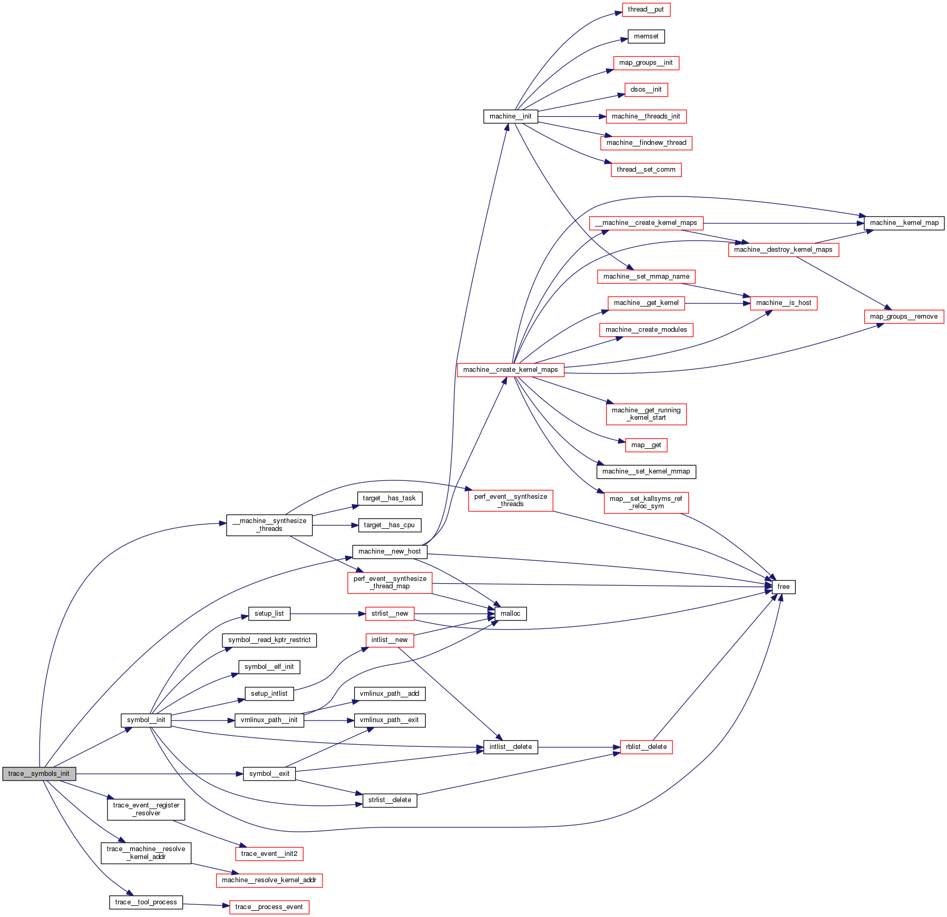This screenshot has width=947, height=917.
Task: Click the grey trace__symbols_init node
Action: point(39,774)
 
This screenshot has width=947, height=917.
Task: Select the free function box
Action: point(783,587)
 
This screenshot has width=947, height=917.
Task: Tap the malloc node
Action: point(510,614)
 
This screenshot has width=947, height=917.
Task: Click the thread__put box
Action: point(646,9)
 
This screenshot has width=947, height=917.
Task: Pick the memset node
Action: point(646,36)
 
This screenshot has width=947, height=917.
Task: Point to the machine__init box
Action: point(510,116)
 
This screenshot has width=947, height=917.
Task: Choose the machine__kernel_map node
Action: point(904,223)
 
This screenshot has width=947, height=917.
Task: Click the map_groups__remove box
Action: point(903,317)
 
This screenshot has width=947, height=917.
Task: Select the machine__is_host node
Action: point(783,303)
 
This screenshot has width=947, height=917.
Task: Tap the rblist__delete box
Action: point(646,747)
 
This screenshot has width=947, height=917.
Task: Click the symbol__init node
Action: point(146,720)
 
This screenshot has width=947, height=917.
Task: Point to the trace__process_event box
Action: point(269,907)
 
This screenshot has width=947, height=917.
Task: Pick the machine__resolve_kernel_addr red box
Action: point(269,880)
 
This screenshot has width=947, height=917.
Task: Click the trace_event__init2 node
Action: point(269,854)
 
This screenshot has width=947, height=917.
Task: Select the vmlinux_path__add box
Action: point(389,694)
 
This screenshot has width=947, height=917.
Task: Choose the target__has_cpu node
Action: point(389,525)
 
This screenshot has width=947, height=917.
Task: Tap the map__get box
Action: point(646,445)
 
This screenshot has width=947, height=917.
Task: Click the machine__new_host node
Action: point(389,551)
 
